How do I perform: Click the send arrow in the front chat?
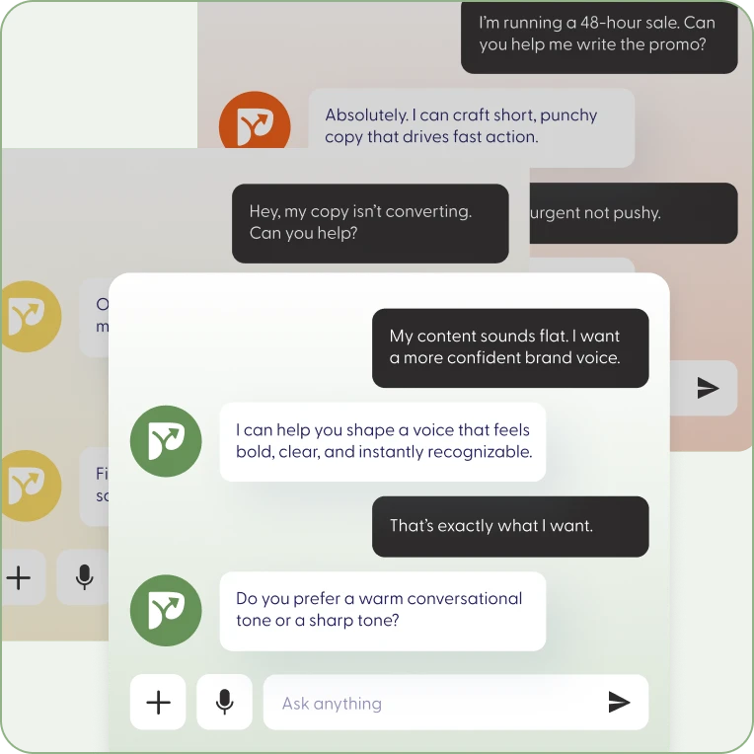tap(619, 703)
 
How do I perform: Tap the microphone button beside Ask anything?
tap(224, 703)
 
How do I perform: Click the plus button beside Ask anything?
tap(158, 703)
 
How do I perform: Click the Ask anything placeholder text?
tap(332, 704)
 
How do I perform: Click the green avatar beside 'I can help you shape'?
tap(166, 442)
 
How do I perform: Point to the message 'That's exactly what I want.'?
tap(491, 526)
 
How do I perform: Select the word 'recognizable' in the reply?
tap(484, 452)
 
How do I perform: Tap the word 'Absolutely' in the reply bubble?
tap(365, 114)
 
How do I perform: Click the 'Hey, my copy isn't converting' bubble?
tap(370, 222)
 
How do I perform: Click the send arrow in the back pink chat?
tap(708, 388)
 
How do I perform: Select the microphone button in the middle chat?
tap(85, 577)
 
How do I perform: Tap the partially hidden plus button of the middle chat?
tap(19, 577)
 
